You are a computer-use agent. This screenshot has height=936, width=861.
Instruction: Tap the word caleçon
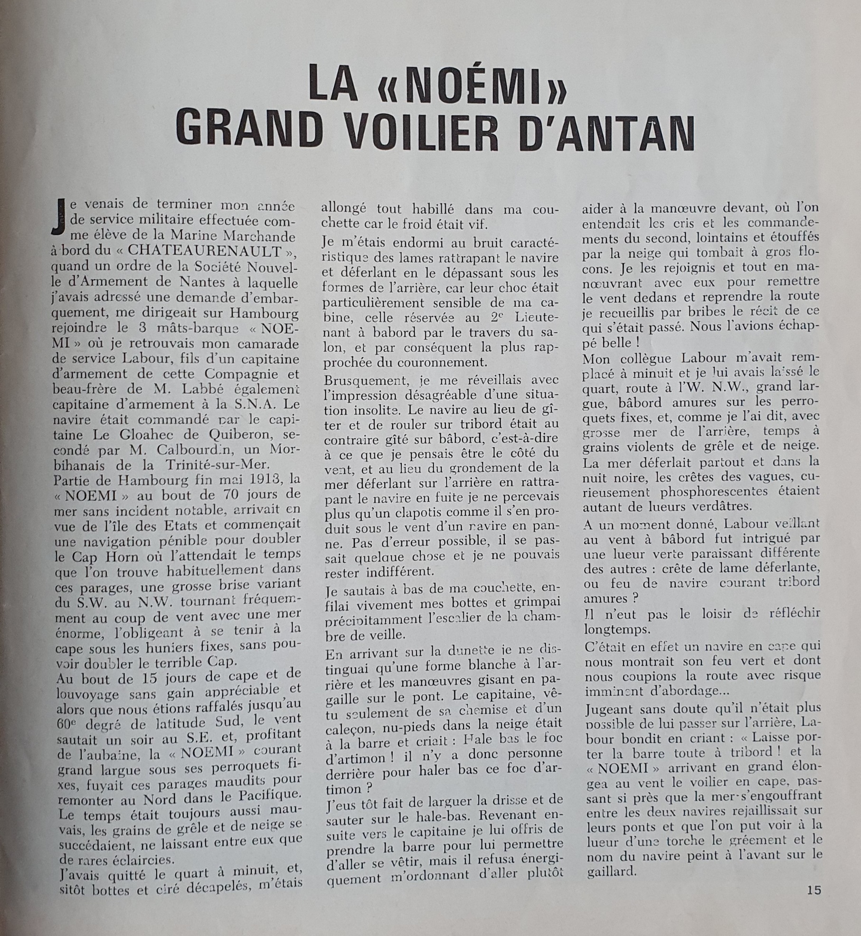348,723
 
